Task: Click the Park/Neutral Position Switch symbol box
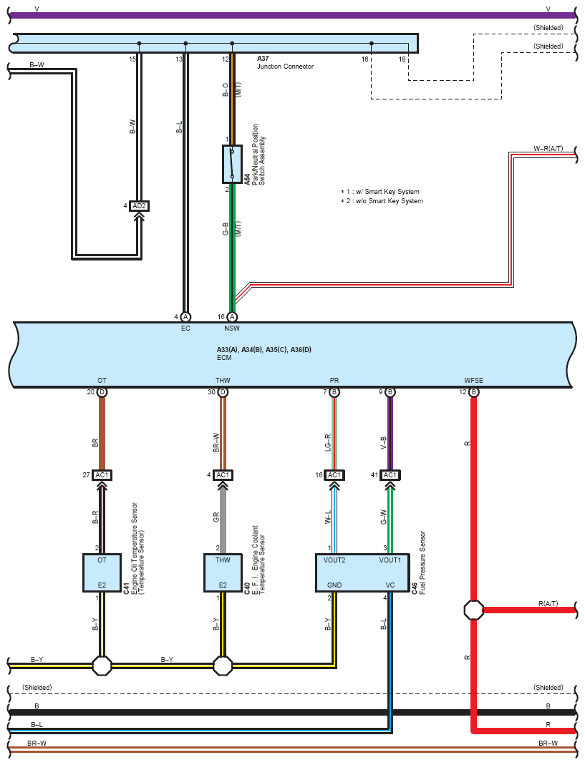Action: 232,164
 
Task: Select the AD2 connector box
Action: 139,206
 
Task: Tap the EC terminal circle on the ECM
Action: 185,316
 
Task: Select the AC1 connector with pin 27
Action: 102,475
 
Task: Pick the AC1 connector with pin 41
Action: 390,475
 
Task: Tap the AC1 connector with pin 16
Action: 334,475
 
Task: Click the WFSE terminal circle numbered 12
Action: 473,392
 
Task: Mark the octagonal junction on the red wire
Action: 473,610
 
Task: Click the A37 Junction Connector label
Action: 285,62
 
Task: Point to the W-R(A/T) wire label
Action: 548,148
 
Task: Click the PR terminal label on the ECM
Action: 334,381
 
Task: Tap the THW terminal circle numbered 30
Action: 223,392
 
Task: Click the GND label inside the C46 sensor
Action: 334,585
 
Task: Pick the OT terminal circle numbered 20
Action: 102,392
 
